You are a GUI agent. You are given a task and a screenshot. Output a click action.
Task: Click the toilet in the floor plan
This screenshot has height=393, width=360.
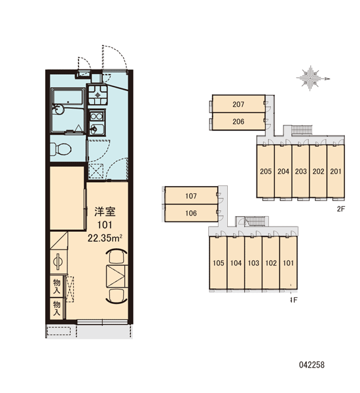pos(61,149)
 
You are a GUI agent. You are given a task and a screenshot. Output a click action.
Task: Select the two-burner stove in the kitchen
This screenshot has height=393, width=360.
pos(96,117)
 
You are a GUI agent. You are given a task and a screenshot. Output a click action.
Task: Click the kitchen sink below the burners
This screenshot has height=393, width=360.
pos(97,129)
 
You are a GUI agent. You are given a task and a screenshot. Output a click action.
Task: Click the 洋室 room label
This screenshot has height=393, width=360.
pos(105,212)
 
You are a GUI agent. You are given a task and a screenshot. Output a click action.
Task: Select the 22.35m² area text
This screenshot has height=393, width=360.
pos(105,238)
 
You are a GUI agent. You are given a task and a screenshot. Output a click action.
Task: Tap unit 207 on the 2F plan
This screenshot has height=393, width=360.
pos(238,104)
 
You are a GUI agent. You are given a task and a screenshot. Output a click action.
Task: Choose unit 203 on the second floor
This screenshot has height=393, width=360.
pos(300,172)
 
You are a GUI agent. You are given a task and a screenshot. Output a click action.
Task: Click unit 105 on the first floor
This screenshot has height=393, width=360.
pos(218,263)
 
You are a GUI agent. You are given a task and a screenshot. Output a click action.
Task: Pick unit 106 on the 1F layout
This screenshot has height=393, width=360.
pos(191,213)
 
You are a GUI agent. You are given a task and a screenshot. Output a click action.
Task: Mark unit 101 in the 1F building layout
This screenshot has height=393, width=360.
pos(289,263)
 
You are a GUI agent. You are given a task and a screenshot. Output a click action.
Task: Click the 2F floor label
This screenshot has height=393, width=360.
pos(341,209)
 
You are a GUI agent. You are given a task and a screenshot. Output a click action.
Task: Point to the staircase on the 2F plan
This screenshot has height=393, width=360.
pos(301,130)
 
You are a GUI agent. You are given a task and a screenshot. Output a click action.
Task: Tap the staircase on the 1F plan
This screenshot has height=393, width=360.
pos(255,221)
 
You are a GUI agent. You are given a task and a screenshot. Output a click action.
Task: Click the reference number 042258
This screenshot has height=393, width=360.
pos(312,365)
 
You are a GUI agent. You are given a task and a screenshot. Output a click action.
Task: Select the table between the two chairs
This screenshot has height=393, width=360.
pos(116,276)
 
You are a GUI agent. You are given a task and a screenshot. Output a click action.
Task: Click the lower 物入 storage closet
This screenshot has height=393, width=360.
pos(57,309)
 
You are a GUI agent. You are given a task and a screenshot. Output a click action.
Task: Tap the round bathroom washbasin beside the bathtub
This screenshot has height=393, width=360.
pos(58,109)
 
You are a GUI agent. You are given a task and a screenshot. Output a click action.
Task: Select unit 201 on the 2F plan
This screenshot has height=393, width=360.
pos(336,172)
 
